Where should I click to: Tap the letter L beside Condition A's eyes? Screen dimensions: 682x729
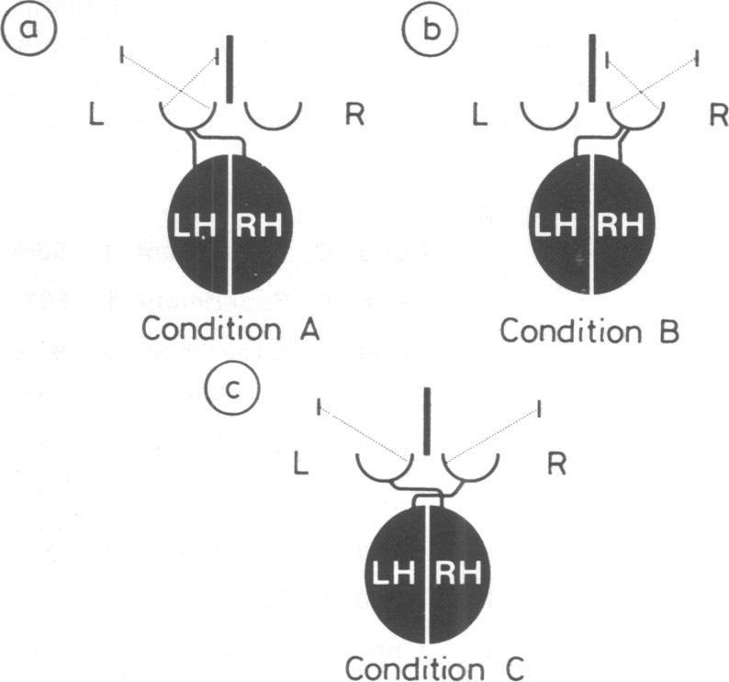(96, 117)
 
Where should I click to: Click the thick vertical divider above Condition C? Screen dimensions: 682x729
(427, 419)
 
